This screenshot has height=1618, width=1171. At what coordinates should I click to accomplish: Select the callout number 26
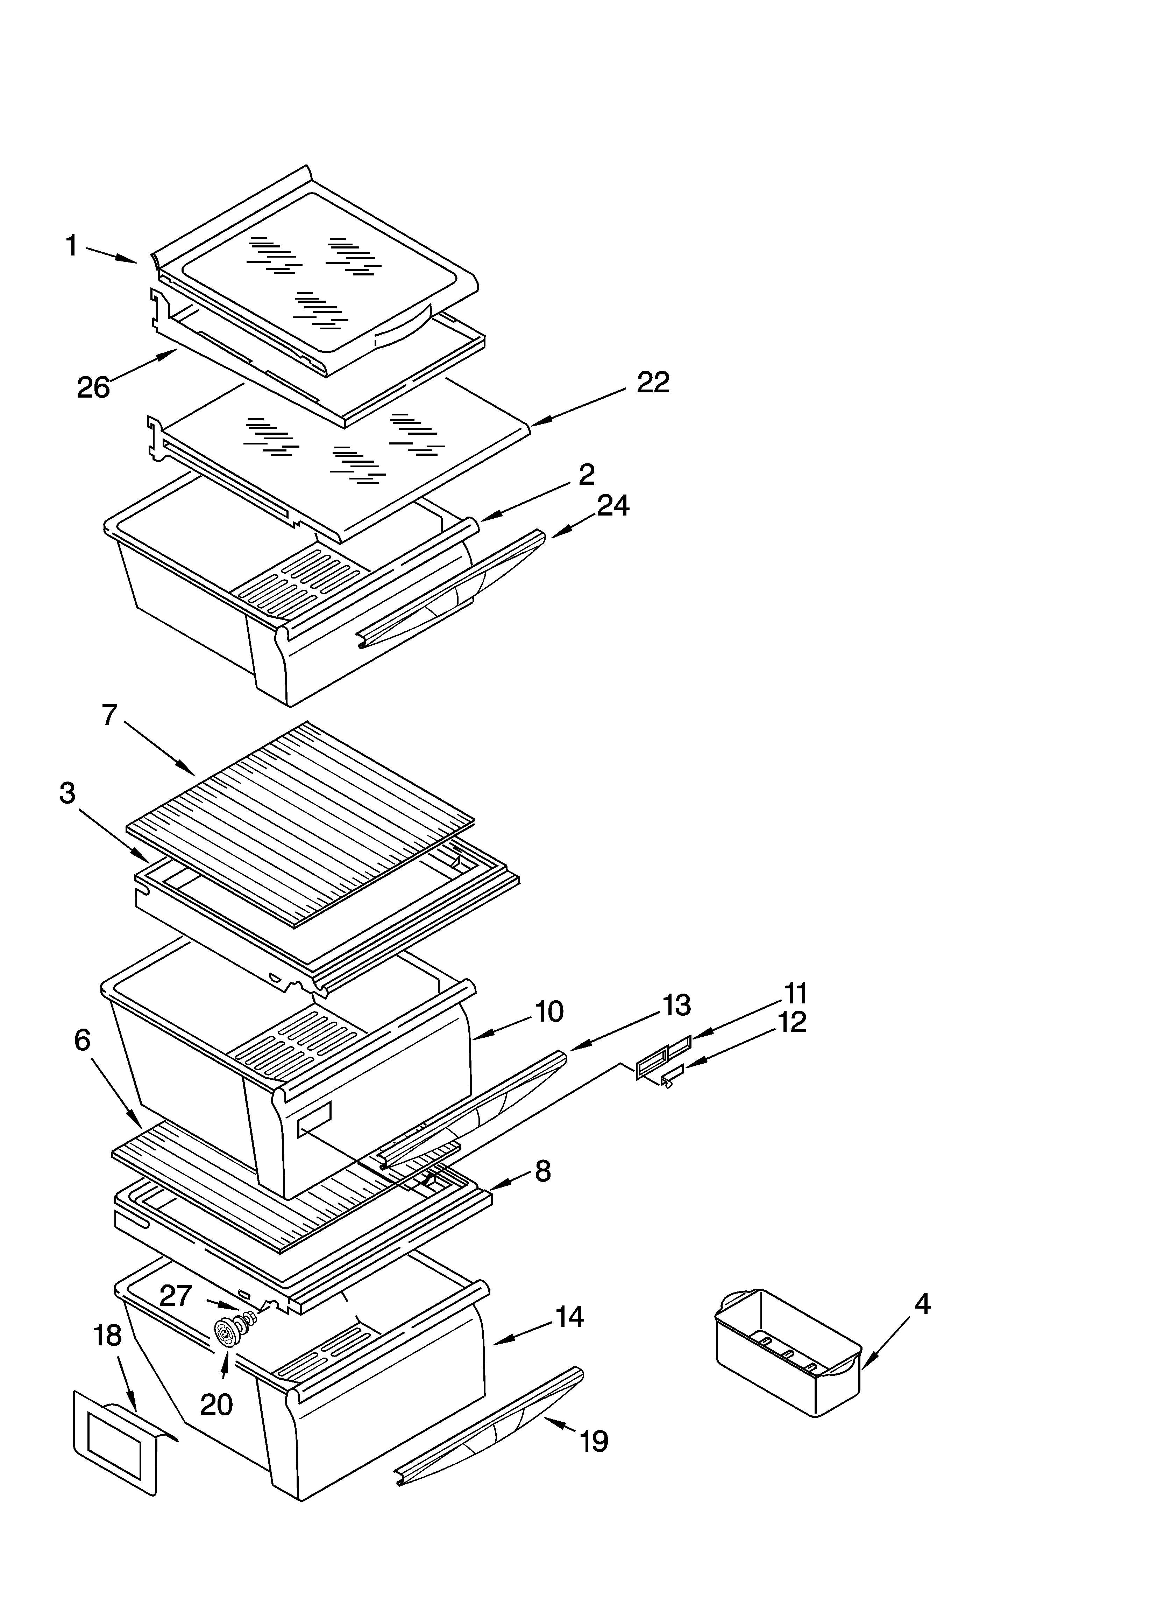[93, 387]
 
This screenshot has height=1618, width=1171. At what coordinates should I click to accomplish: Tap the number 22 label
[653, 383]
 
